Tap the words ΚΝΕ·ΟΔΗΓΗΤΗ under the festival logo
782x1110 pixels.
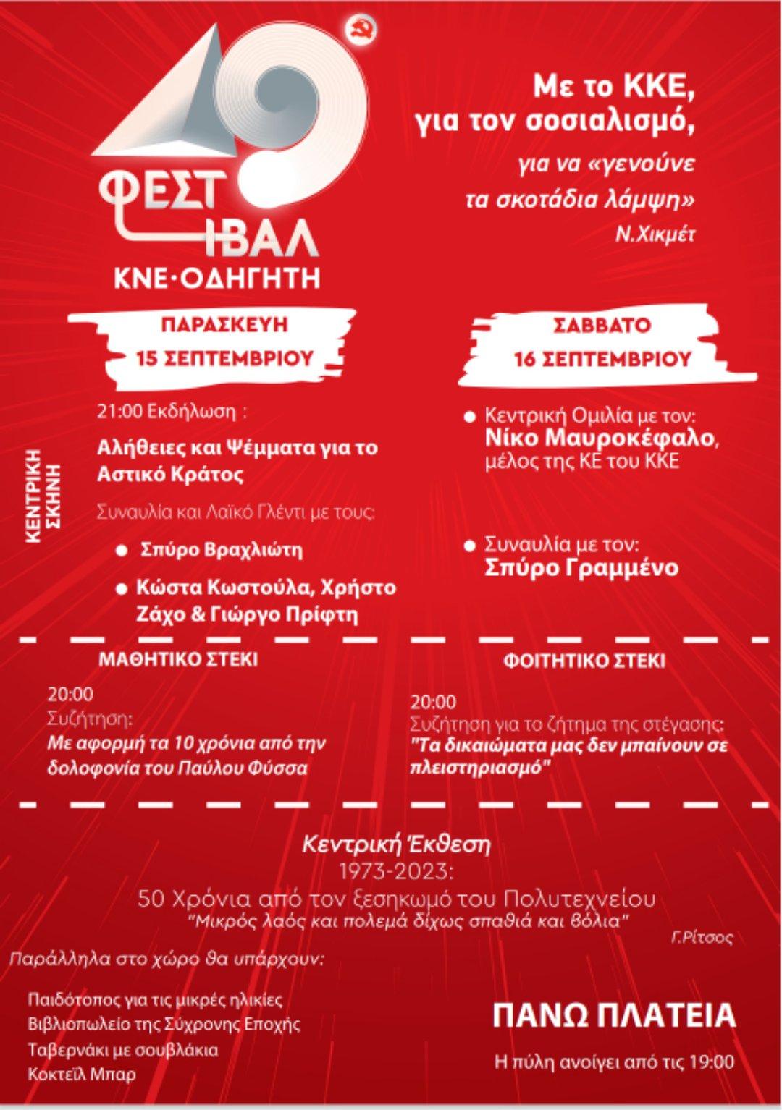pyautogui.click(x=216, y=279)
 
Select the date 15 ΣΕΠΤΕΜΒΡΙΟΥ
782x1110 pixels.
pyautogui.click(x=225, y=358)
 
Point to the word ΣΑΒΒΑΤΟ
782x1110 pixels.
pyautogui.click(x=602, y=325)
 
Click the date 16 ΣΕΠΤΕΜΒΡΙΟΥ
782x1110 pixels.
pyautogui.click(x=602, y=359)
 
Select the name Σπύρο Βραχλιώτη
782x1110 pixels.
pyautogui.click(x=220, y=550)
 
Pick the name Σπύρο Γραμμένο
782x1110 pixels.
pyautogui.click(x=581, y=568)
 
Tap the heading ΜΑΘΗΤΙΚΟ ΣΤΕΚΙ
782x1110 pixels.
pyautogui.click(x=178, y=660)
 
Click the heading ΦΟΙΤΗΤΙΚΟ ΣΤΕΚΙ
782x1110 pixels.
pyautogui.click(x=584, y=661)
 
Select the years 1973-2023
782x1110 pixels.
pyautogui.click(x=396, y=868)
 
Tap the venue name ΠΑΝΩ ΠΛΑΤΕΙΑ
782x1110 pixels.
pyautogui.click(x=614, y=1016)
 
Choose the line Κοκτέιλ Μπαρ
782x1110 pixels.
pyautogui.click(x=81, y=1074)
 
